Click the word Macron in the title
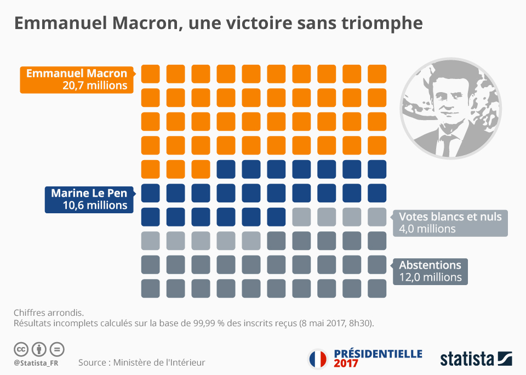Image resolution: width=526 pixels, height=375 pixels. click(145, 24)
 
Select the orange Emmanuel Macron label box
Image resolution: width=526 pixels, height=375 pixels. click(76, 79)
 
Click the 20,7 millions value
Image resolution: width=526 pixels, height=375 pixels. click(95, 86)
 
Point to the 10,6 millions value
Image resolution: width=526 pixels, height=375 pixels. click(95, 206)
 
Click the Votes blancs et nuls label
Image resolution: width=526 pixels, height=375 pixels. click(450, 216)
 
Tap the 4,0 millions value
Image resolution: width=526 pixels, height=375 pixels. click(427, 229)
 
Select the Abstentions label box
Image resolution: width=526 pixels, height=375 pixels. click(430, 271)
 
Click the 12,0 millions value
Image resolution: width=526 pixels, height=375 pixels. click(430, 277)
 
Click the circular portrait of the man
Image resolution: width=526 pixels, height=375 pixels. click(452, 107)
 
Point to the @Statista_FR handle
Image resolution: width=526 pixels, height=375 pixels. click(36, 363)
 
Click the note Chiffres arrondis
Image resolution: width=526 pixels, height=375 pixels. click(49, 312)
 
